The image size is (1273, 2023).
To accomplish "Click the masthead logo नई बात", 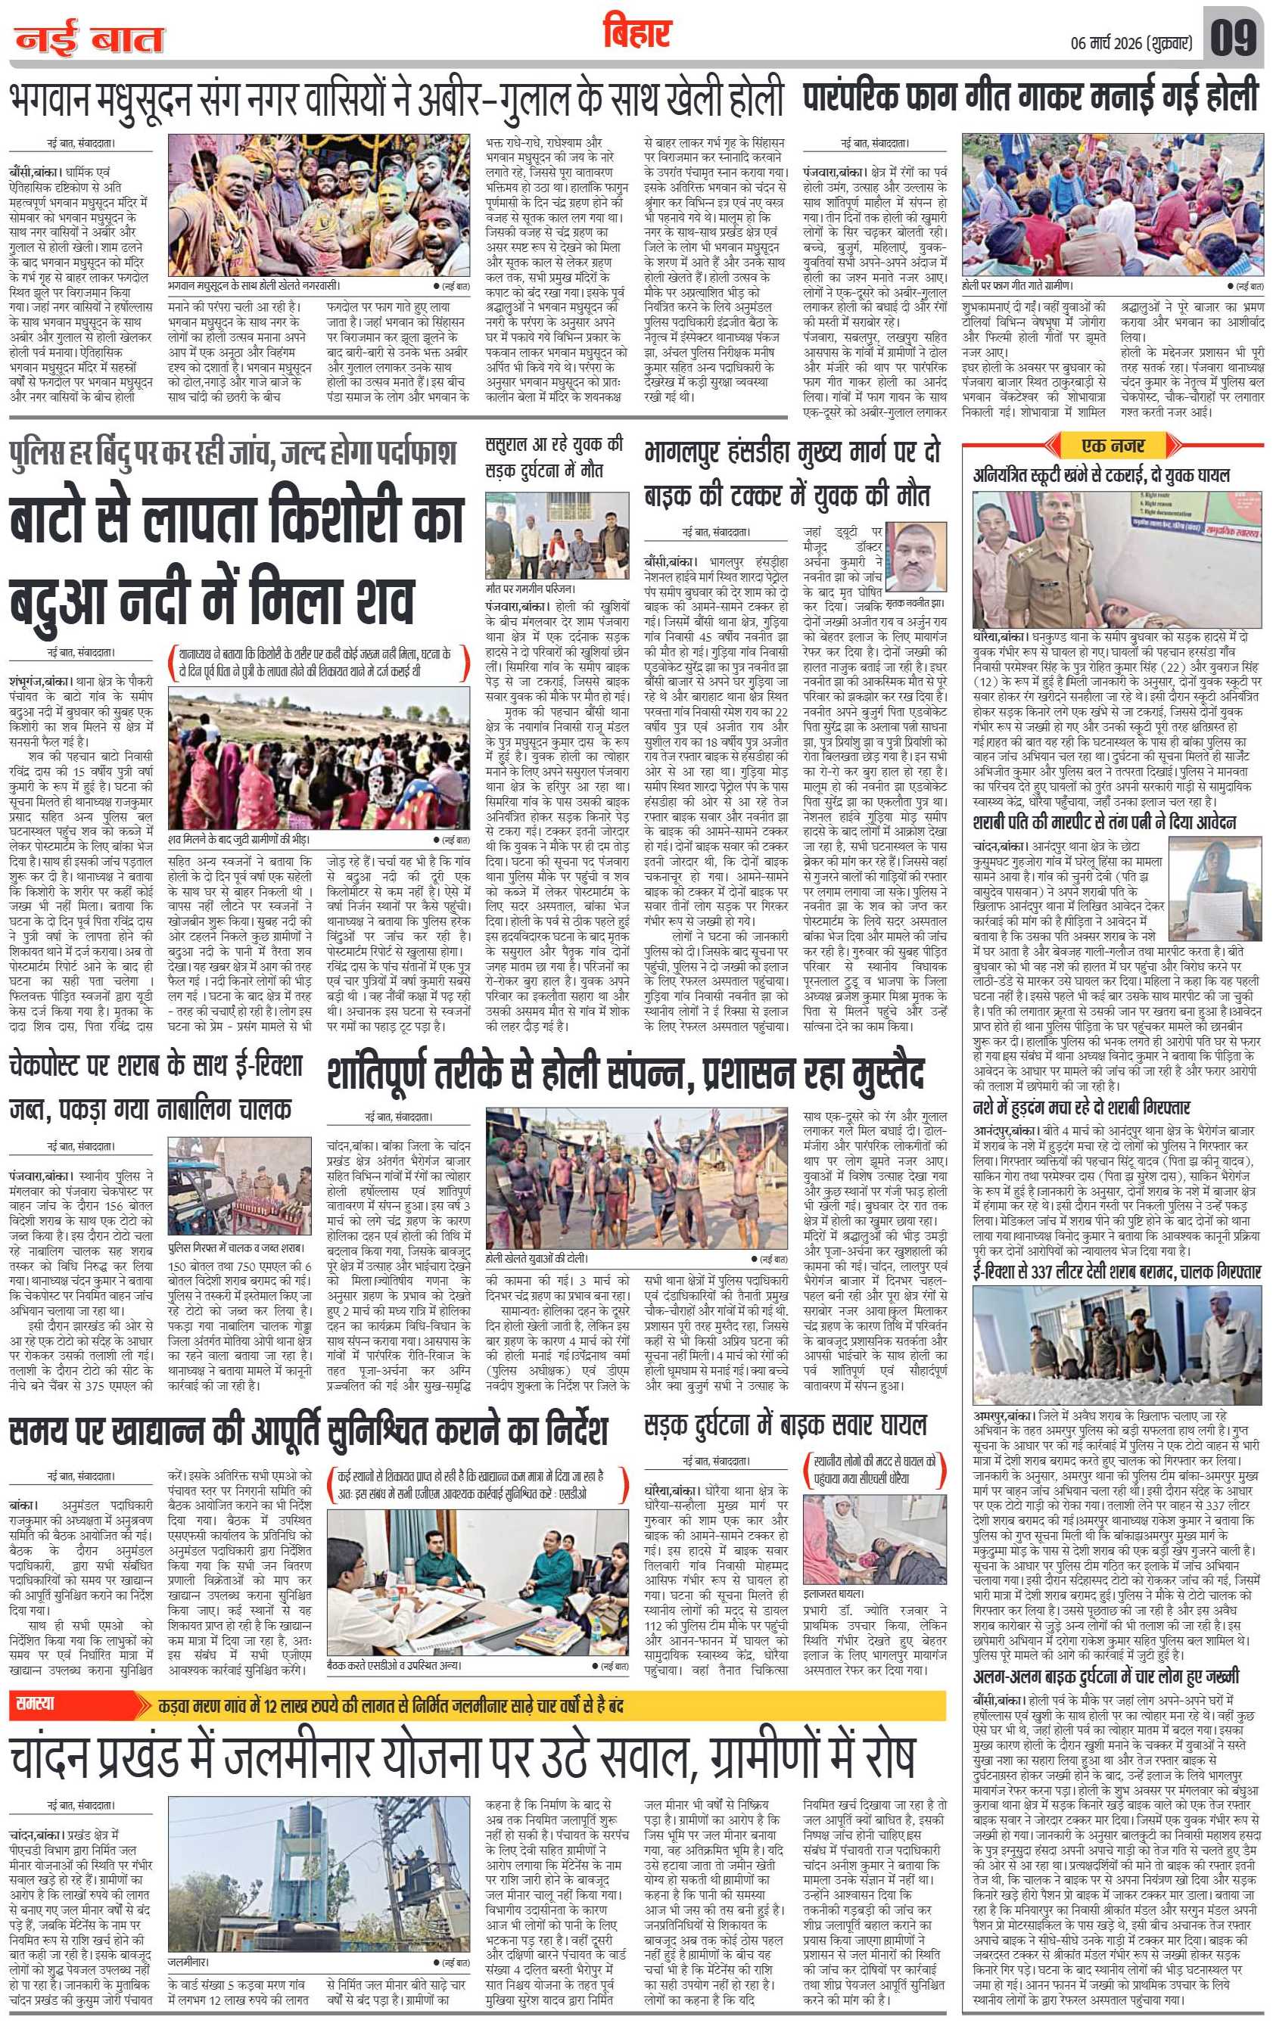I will coord(89,38).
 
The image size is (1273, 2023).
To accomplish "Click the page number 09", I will coord(1233,37).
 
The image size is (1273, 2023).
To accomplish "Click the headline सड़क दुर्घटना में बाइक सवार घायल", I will coord(785,1425).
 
